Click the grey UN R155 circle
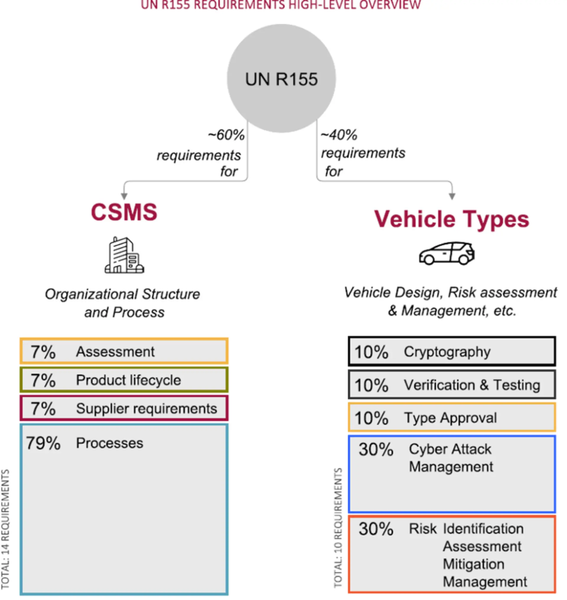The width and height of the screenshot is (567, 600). [281, 79]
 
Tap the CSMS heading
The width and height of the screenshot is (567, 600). [124, 212]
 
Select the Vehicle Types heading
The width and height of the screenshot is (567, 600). [452, 219]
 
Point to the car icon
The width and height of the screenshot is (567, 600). [447, 254]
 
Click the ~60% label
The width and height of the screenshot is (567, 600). [226, 135]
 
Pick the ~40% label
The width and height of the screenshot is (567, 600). [339, 135]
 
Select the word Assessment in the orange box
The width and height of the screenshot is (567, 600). [115, 352]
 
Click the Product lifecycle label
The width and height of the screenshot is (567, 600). [128, 380]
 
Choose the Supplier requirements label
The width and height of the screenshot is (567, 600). [146, 408]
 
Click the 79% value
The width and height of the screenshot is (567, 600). [43, 443]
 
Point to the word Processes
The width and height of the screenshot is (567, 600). [109, 443]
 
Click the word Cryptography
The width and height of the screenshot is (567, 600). [447, 352]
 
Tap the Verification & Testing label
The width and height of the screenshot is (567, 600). [472, 385]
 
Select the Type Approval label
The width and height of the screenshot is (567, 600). [450, 418]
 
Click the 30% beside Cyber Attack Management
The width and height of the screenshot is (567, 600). [376, 449]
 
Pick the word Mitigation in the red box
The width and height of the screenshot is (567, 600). [473, 564]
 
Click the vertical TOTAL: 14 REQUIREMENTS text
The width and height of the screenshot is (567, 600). [5, 529]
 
